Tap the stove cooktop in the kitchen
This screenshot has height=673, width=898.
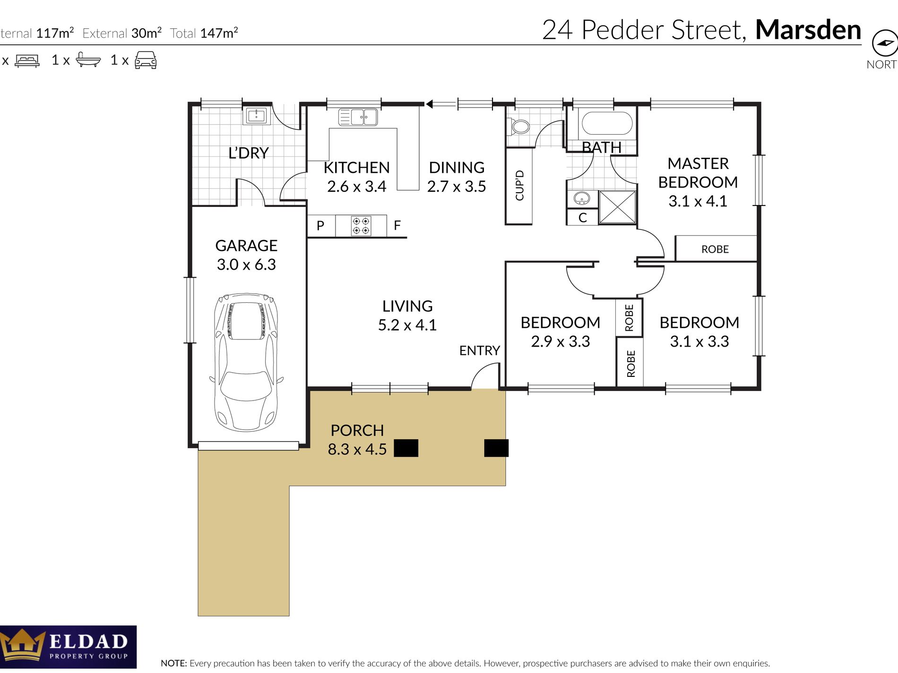361,226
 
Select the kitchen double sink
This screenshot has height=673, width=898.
358,117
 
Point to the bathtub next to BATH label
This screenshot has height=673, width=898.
607,123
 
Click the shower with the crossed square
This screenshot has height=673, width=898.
617,207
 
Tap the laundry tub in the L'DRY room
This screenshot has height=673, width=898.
256,116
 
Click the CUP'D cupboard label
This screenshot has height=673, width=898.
519,186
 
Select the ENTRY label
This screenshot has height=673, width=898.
479,350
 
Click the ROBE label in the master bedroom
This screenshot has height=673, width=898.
715,249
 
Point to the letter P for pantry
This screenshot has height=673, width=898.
320,226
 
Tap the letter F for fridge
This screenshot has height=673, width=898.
397,226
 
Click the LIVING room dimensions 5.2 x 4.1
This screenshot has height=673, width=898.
407,325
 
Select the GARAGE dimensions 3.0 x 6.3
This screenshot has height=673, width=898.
246,264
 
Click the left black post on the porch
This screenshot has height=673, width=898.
406,448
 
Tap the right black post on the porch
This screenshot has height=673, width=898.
496,448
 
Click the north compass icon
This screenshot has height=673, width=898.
885,43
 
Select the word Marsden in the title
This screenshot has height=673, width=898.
808,30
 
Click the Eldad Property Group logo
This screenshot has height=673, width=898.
68,647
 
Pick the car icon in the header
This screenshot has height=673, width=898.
146,60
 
